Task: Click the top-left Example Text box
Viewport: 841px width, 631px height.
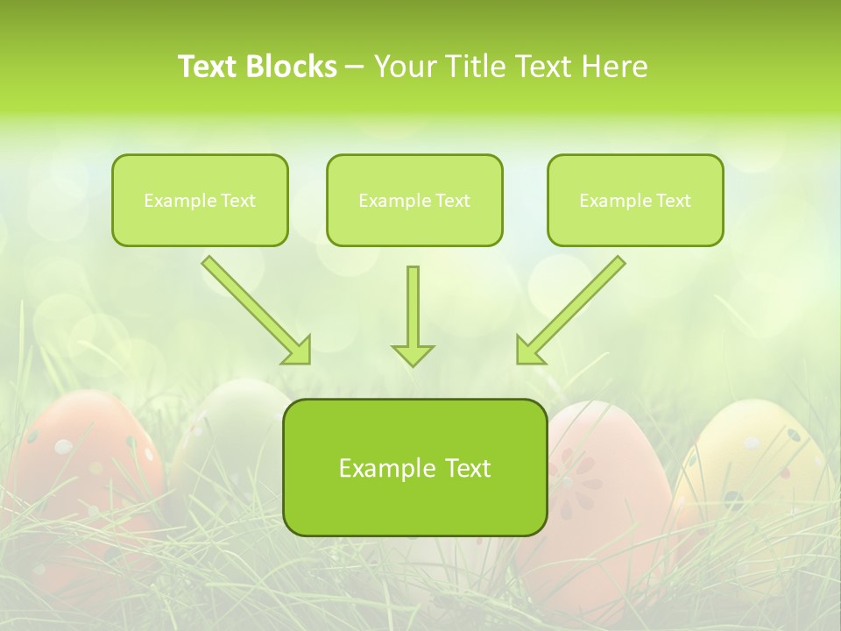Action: click(200, 200)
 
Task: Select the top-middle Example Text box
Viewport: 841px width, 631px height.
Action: click(414, 200)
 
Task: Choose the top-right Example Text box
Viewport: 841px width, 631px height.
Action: click(635, 200)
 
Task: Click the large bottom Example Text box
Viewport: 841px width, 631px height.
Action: click(415, 467)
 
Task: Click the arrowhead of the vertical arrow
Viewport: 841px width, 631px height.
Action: click(413, 354)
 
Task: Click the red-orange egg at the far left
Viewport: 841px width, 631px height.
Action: click(83, 473)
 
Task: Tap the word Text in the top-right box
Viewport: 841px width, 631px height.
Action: click(674, 201)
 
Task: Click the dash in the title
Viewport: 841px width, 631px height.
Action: click(355, 67)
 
